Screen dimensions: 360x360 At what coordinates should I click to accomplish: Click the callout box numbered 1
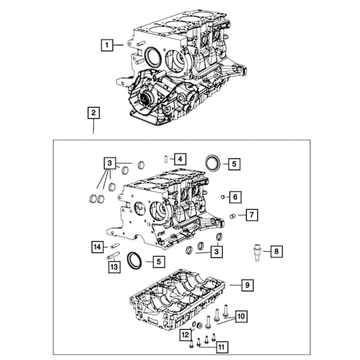[107, 45]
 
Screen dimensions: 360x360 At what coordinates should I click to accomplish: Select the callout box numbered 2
[93, 113]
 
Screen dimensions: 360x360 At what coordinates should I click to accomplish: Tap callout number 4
[179, 158]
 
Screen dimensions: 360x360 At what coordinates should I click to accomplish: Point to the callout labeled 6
[236, 197]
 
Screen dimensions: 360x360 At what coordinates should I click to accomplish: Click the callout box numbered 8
[276, 251]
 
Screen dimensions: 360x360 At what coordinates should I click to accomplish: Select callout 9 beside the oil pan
[247, 285]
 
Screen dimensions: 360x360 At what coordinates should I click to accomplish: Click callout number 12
[185, 335]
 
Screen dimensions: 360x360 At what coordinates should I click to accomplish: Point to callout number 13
[114, 266]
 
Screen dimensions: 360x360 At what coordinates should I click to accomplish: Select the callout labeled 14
[97, 247]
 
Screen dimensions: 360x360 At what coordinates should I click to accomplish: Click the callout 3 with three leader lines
[109, 164]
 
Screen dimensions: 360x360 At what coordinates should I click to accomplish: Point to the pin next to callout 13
[113, 255]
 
